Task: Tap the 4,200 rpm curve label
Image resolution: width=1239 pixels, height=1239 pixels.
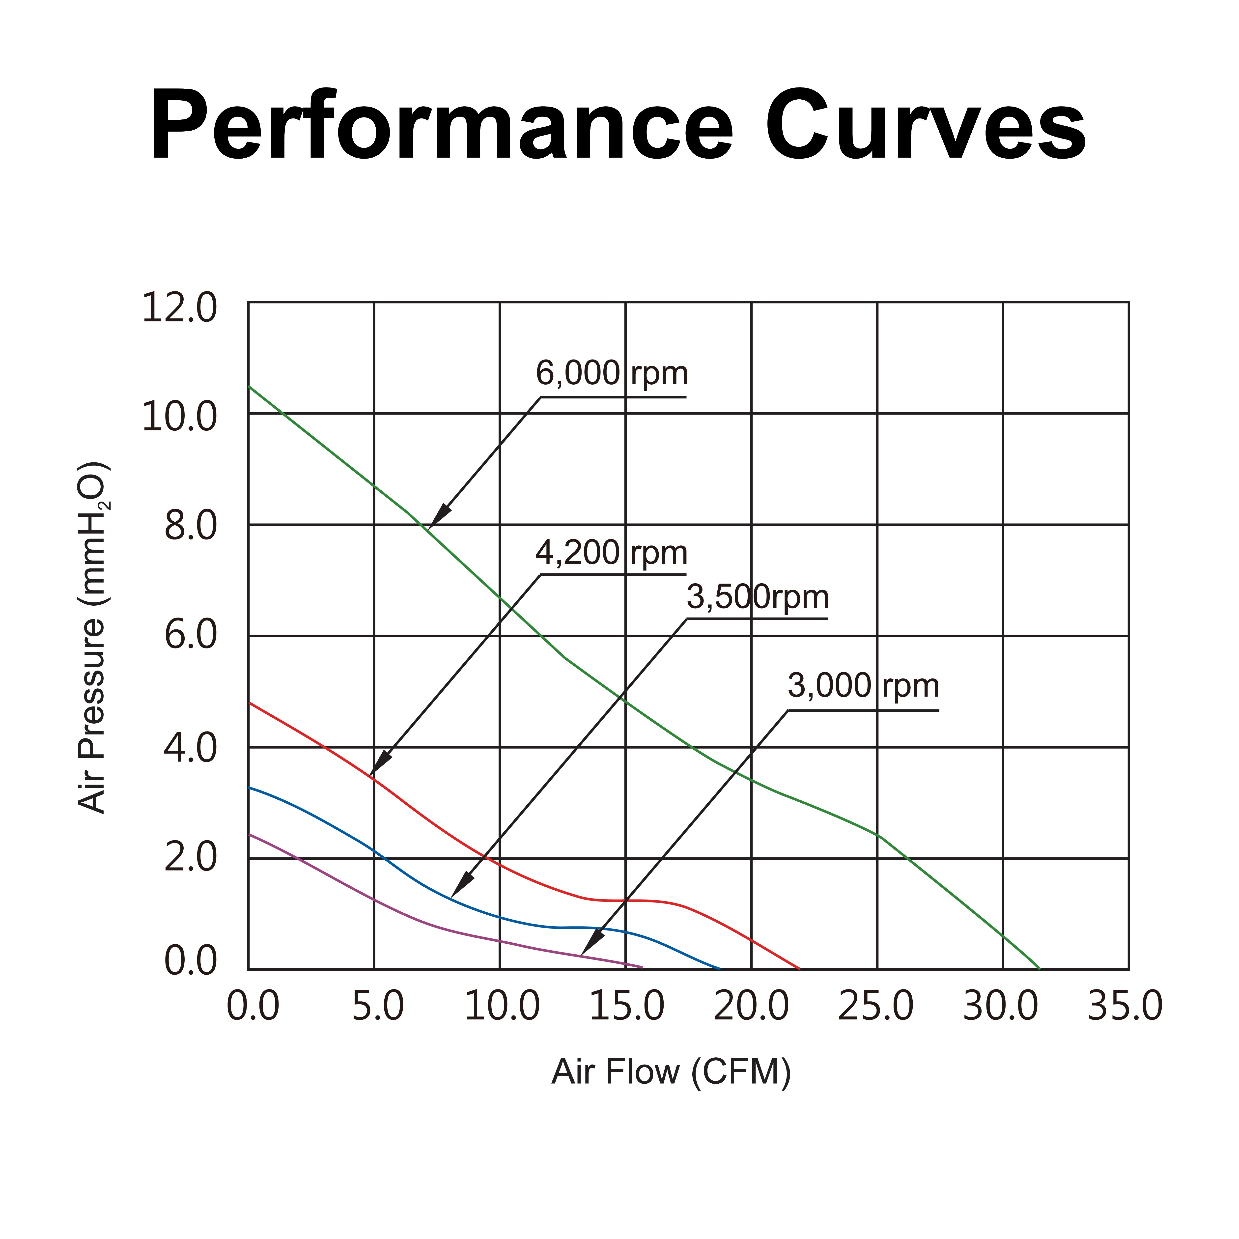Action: pyautogui.click(x=611, y=553)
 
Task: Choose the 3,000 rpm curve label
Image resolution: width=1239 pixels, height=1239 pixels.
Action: pyautogui.click(x=863, y=686)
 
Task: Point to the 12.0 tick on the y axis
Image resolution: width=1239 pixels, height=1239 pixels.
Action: pyautogui.click(x=180, y=308)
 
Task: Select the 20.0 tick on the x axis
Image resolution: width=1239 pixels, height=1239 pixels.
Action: pyautogui.click(x=751, y=1006)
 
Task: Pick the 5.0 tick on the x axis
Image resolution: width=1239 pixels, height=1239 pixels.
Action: pyautogui.click(x=378, y=1006)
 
